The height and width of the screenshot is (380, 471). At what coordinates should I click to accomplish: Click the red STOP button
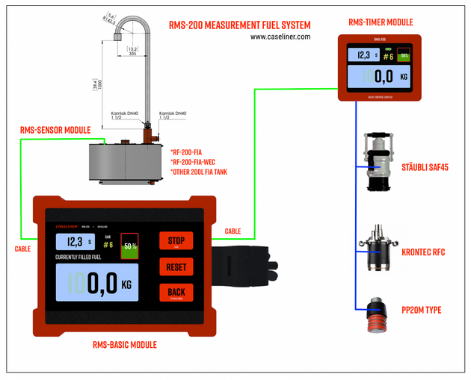(x=176, y=241)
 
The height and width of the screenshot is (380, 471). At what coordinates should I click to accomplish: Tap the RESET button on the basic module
(x=176, y=267)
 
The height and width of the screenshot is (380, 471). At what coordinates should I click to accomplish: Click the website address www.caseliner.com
(x=280, y=36)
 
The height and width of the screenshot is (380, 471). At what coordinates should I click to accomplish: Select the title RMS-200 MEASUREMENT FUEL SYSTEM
(x=239, y=25)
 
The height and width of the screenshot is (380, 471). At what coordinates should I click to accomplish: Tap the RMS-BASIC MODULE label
(x=124, y=345)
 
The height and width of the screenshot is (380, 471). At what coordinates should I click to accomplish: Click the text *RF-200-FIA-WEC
(x=197, y=162)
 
